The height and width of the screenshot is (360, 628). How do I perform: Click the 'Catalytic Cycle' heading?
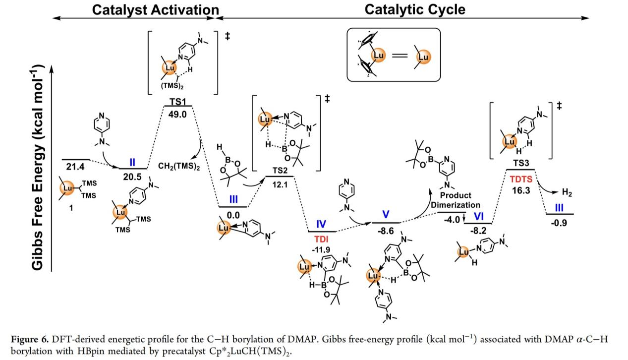(415, 9)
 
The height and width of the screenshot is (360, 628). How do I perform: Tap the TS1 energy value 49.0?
(177, 114)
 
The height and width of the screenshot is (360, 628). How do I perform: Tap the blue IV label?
(321, 224)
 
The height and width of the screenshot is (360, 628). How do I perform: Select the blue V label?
(386, 214)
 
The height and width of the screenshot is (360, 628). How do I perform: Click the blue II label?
(133, 162)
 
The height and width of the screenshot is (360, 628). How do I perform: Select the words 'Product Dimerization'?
(456, 200)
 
